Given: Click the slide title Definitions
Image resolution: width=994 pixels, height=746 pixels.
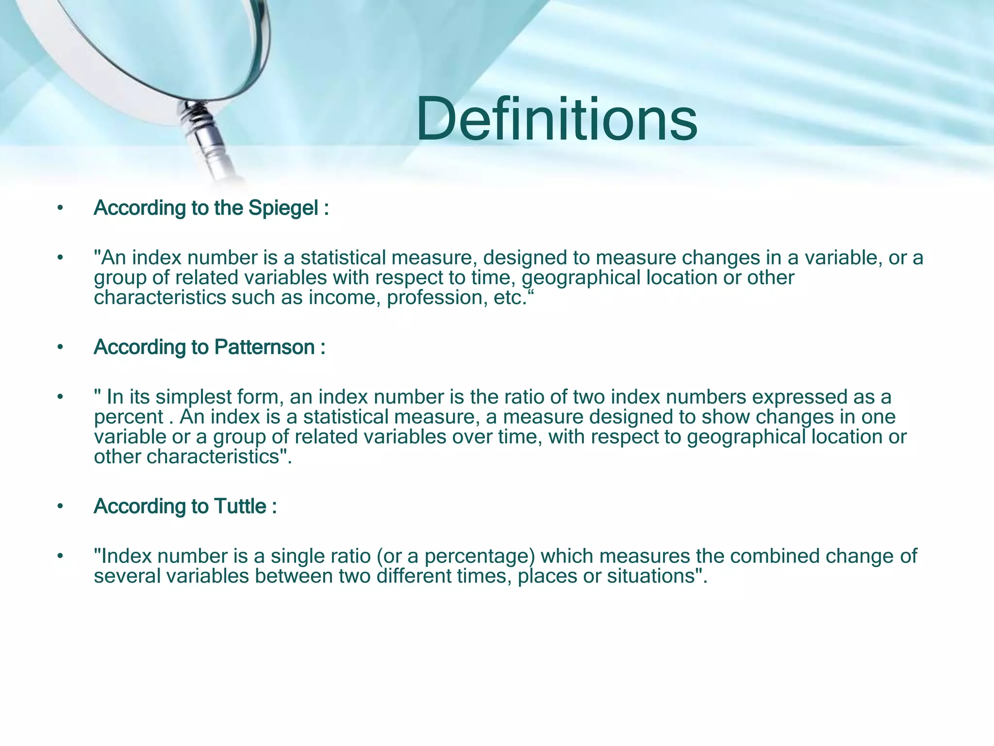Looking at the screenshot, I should (556, 119).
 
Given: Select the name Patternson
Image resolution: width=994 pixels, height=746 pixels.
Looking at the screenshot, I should (265, 347).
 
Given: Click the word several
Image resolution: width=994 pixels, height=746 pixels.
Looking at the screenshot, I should (127, 576).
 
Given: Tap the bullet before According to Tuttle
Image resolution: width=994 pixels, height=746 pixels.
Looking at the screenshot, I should (60, 507).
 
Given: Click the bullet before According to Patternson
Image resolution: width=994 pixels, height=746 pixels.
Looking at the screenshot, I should (60, 347).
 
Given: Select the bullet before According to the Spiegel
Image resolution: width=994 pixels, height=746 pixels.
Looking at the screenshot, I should (60, 208).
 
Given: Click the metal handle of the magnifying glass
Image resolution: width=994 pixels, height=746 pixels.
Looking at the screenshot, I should (209, 141).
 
